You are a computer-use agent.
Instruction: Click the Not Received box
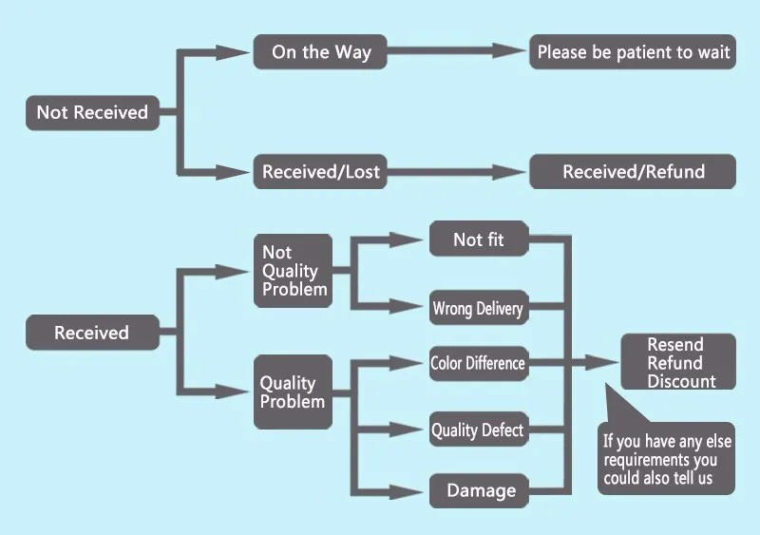click(92, 112)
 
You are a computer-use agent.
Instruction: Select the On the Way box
click(320, 52)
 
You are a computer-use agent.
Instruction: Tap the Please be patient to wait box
click(633, 52)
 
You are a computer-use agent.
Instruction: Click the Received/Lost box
click(320, 172)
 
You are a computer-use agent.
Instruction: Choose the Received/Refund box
click(633, 172)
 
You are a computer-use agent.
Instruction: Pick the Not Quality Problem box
click(293, 271)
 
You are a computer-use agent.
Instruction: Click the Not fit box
click(479, 239)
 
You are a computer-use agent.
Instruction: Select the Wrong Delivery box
click(477, 308)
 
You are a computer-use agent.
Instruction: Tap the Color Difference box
click(477, 363)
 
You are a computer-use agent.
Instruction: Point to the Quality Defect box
click(477, 430)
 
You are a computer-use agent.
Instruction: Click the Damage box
click(481, 491)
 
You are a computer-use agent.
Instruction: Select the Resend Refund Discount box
click(676, 362)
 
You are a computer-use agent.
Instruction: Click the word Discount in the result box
click(681, 381)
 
